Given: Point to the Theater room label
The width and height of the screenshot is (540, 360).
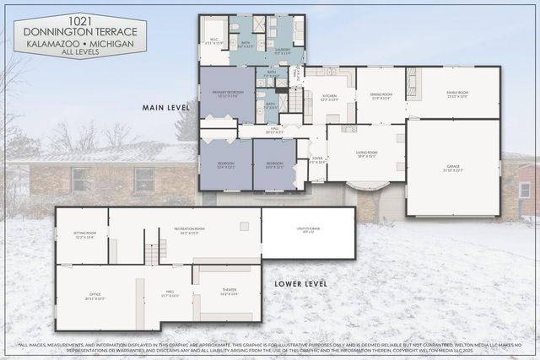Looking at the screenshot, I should [229, 293].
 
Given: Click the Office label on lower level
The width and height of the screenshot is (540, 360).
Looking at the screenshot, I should [94, 298].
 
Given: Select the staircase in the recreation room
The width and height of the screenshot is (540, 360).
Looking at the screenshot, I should [152, 252].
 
